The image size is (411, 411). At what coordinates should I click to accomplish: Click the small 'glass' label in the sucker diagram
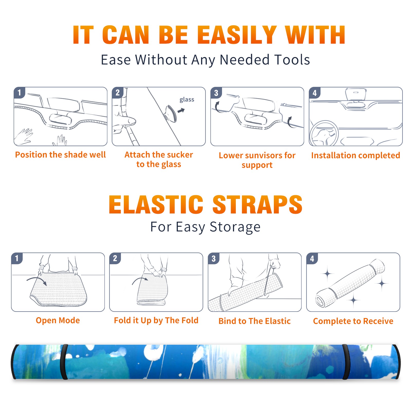tap(187, 100)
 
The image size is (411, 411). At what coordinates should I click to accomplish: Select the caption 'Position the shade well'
tap(60, 155)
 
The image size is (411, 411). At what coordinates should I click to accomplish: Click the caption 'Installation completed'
tap(356, 155)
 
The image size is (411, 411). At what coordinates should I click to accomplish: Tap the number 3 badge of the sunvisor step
tap(216, 93)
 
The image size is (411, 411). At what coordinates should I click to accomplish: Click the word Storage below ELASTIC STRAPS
tap(235, 227)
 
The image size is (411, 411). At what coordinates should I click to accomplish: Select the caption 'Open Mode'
tap(58, 320)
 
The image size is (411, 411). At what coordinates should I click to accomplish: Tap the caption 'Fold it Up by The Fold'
tap(156, 320)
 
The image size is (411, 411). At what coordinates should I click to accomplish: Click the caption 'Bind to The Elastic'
tap(255, 321)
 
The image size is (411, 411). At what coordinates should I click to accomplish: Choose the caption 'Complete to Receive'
tap(353, 321)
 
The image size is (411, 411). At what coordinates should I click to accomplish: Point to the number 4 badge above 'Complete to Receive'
tap(312, 258)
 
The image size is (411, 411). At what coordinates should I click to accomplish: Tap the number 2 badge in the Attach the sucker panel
tap(117, 93)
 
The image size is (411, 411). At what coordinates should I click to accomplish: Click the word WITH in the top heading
tap(315, 35)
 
